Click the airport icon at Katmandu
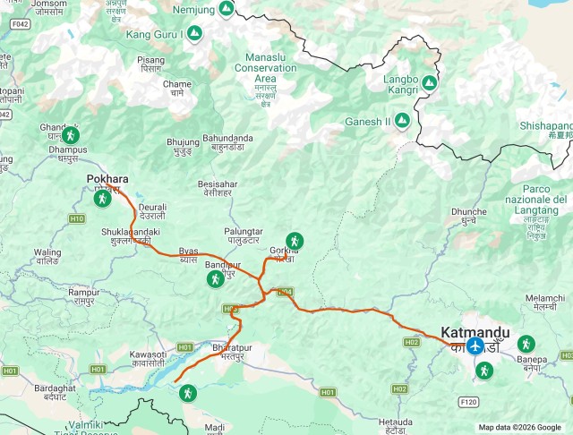[475, 345]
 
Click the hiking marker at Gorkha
[294, 241]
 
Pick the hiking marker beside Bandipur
[215, 279]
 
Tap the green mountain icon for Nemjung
[227, 9]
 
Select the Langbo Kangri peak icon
[429, 83]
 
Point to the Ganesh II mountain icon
[403, 121]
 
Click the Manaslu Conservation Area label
[266, 67]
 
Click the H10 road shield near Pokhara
[76, 218]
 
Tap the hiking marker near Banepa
[525, 343]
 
